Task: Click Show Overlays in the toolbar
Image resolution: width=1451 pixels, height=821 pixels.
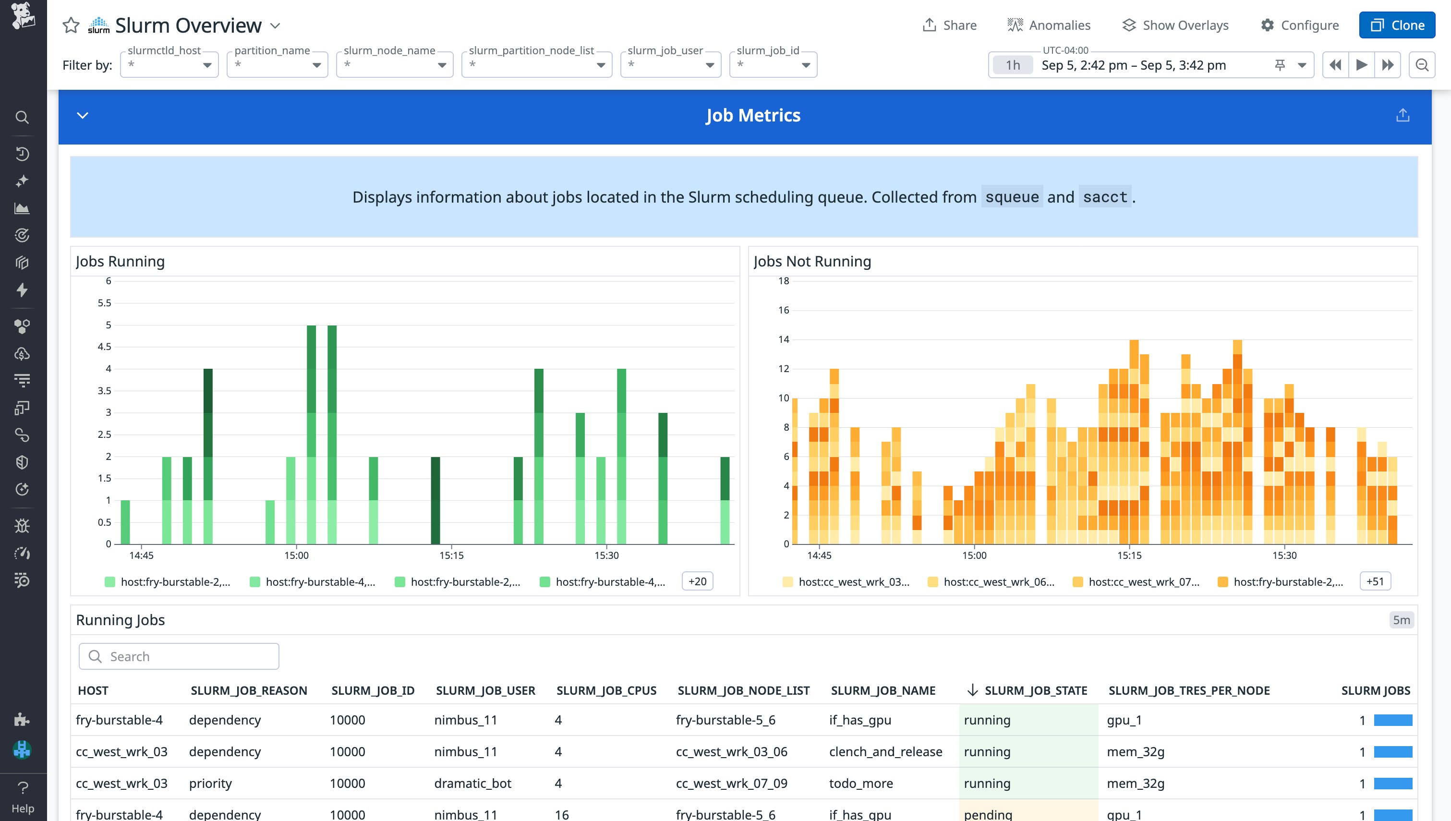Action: pos(1175,25)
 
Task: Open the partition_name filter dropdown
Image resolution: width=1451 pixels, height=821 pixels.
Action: pos(278,65)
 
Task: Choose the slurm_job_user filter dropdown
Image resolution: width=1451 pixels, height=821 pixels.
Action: pos(670,65)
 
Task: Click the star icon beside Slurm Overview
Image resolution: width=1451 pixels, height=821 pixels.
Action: pos(71,25)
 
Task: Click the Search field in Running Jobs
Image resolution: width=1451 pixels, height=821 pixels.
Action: pos(179,656)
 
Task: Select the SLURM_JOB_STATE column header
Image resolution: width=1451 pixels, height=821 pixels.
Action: pos(1036,691)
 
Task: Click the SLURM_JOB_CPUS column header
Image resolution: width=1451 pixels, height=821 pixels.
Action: pos(606,691)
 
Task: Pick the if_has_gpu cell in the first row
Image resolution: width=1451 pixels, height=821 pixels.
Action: pos(859,720)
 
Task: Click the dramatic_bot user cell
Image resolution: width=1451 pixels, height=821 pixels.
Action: pos(472,783)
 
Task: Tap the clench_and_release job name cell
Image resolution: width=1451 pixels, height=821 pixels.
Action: pos(885,752)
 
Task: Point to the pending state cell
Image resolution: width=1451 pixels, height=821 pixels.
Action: pos(988,814)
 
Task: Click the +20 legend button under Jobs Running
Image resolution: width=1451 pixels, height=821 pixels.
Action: pos(697,581)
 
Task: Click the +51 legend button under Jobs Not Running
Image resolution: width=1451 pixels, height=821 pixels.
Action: pos(1375,581)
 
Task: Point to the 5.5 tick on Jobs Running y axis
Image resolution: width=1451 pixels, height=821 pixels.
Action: pos(104,303)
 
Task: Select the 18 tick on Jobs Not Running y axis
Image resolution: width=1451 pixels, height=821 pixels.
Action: pos(784,281)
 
